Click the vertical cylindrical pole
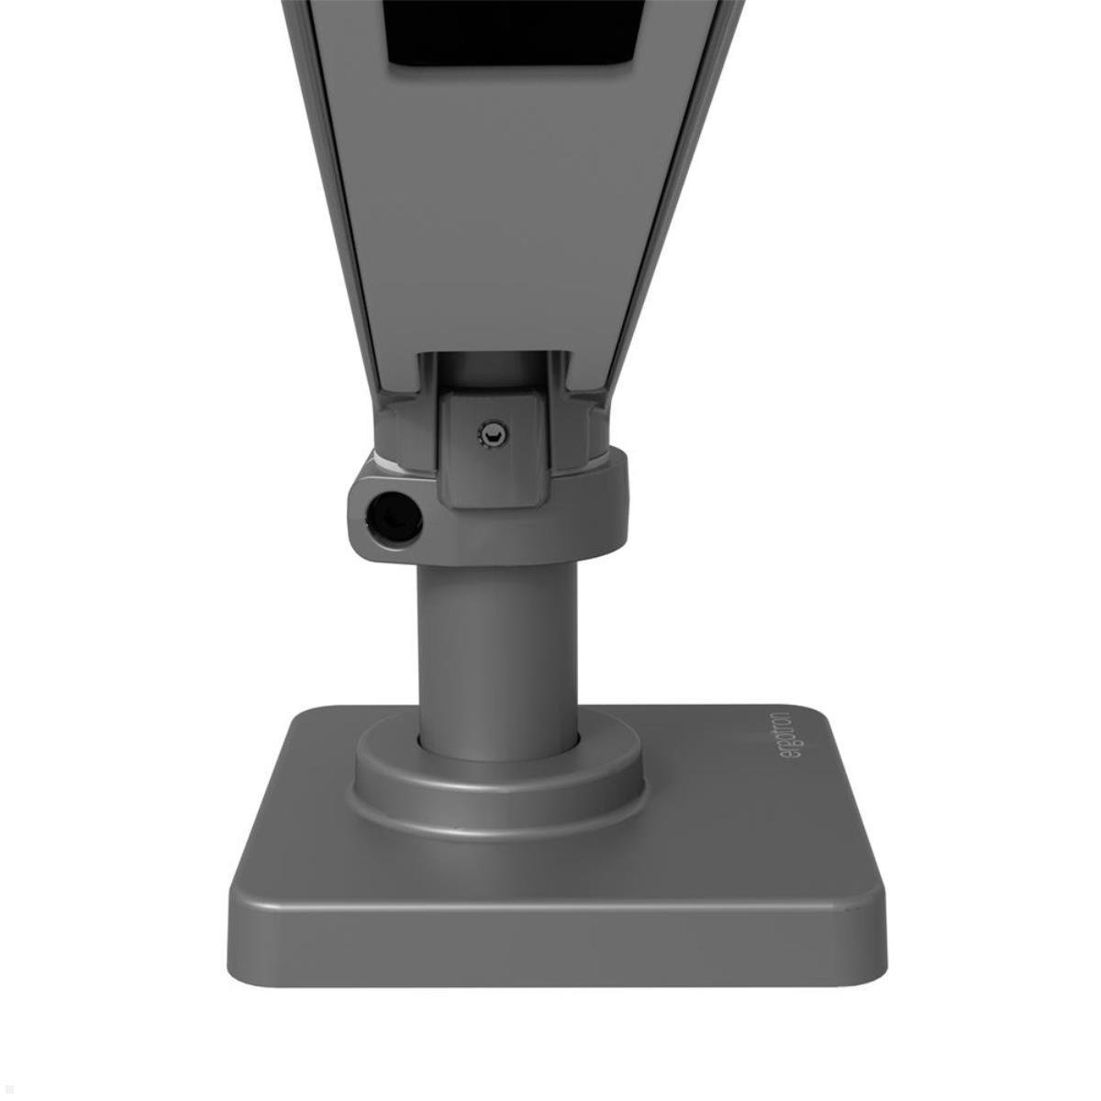point(498,642)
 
